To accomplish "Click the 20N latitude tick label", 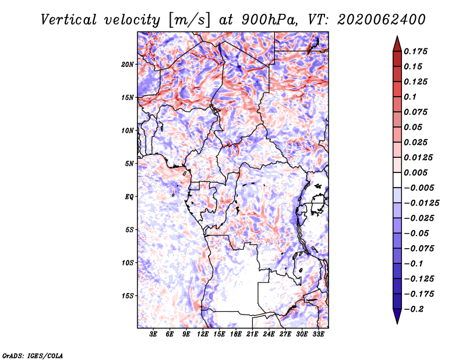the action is tap(128, 65).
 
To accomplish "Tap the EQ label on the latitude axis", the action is tap(129, 197).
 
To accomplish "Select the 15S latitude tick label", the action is tap(128, 296).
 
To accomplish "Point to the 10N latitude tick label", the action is tap(128, 130).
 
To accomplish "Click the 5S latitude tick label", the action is tap(129, 230).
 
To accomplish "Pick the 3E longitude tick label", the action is tap(153, 334).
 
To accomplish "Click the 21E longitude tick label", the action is tap(252, 334).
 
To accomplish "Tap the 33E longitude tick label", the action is tap(318, 334).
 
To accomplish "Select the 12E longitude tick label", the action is tap(203, 334).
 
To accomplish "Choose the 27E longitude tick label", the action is tap(285, 334).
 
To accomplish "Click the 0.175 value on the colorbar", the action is tap(415, 51).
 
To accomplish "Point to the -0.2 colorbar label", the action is tap(414, 309).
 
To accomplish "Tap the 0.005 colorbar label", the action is tap(415, 172).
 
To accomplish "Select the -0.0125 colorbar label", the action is tap(421, 203).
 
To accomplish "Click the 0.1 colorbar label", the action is tap(410, 97).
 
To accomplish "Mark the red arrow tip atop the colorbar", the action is tap(397, 36).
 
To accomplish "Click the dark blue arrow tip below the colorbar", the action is tap(397, 323).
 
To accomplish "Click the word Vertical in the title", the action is tap(69, 20).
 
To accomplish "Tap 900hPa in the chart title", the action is tap(270, 20).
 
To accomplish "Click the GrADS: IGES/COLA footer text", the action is tap(33, 355).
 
